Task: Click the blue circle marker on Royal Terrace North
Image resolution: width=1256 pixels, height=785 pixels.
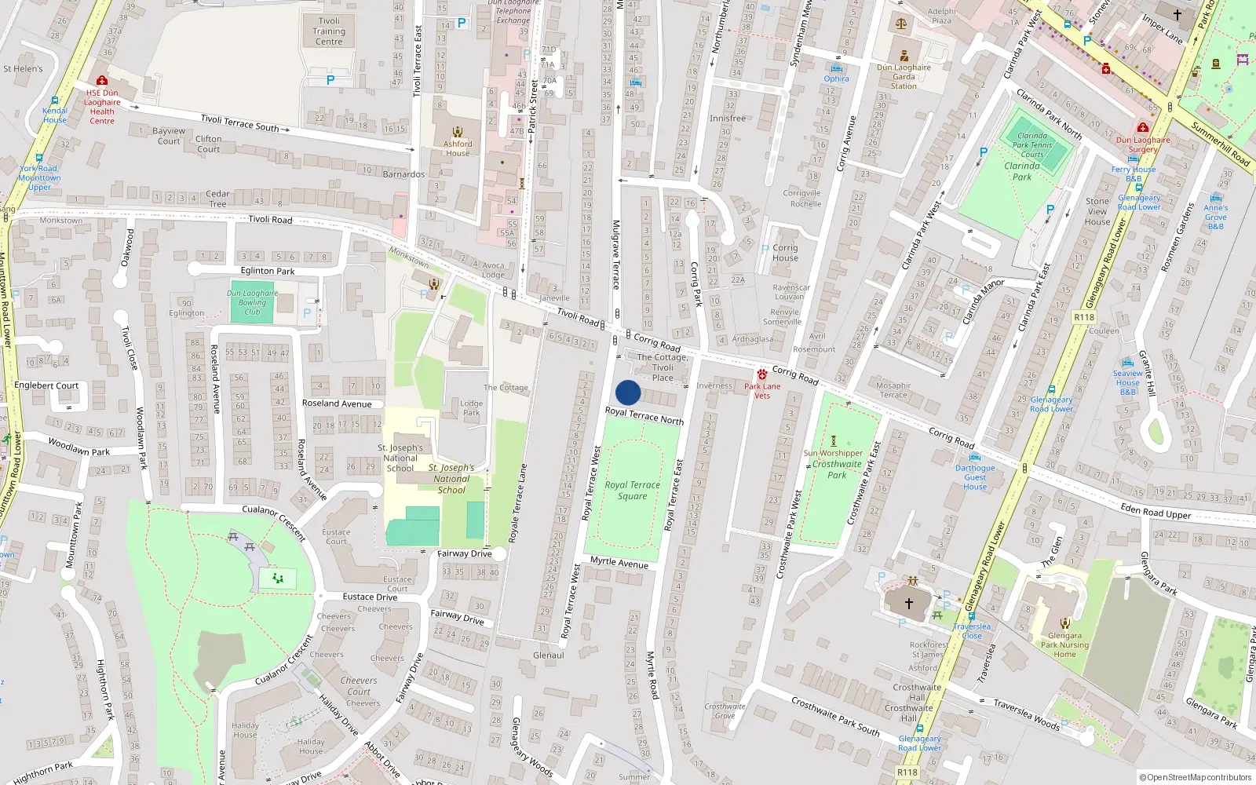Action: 628,392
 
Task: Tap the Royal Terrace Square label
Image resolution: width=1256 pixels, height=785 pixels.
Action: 632,491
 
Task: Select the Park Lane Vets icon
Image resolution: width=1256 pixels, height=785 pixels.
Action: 762,374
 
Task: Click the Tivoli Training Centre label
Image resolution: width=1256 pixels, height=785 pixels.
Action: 329,31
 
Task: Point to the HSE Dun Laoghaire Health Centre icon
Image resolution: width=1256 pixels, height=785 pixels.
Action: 101,80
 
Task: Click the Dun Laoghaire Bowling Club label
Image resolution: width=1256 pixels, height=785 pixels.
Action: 252,302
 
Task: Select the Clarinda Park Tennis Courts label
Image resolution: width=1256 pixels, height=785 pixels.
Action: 1032,145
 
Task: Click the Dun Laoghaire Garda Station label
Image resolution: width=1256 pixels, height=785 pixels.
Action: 904,77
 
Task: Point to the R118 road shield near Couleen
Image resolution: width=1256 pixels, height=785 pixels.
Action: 1083,317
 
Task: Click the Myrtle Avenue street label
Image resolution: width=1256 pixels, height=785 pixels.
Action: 619,562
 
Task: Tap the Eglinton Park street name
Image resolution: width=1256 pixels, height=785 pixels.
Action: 268,271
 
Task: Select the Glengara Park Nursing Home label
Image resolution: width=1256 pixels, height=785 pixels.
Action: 1064,644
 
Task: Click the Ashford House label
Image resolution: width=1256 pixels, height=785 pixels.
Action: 458,148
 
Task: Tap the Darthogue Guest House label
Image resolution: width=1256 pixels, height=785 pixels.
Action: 975,477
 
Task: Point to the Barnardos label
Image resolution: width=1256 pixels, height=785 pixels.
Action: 403,174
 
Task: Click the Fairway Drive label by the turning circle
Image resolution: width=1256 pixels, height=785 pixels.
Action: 464,553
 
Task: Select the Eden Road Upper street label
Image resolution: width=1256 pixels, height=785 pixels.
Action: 1156,512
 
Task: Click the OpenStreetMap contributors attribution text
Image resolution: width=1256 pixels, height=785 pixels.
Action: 1196,777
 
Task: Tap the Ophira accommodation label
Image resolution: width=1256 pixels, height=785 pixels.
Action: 836,78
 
